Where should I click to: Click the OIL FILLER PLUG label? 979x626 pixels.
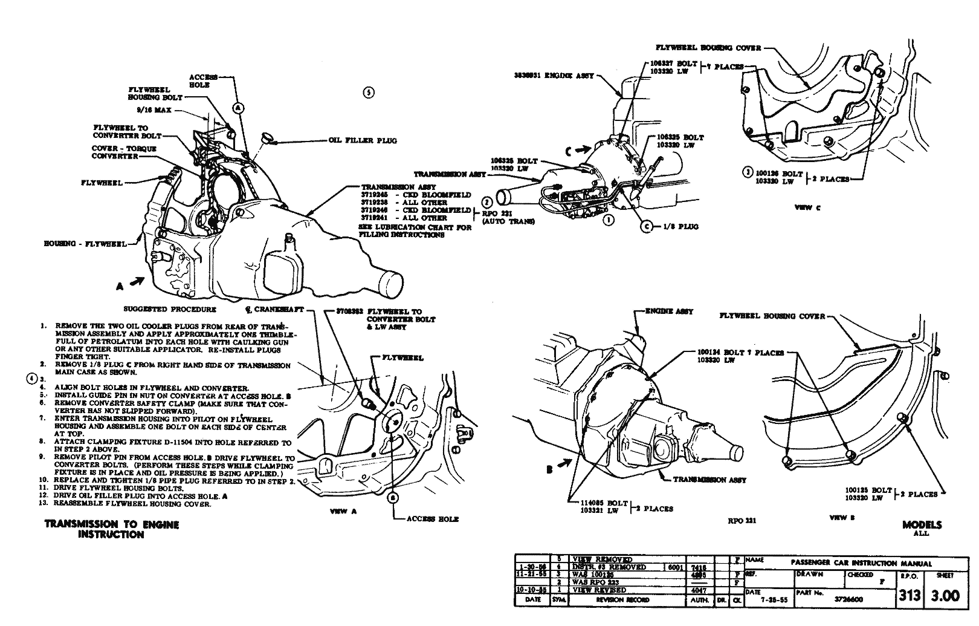click(363, 141)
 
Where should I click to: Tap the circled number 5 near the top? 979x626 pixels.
click(369, 93)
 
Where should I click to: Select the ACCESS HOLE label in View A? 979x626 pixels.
click(432, 519)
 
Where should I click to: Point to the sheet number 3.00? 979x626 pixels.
click(945, 596)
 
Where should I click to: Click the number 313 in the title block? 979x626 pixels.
click(908, 596)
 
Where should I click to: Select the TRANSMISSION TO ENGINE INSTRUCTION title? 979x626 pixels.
click(112, 529)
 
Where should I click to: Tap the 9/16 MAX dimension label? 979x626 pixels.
click(154, 110)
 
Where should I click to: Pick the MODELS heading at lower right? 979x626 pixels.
click(922, 525)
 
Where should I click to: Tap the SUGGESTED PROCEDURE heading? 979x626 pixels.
click(169, 309)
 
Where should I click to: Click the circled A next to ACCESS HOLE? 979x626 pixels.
click(239, 108)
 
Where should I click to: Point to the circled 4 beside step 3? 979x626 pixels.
click(31, 379)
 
